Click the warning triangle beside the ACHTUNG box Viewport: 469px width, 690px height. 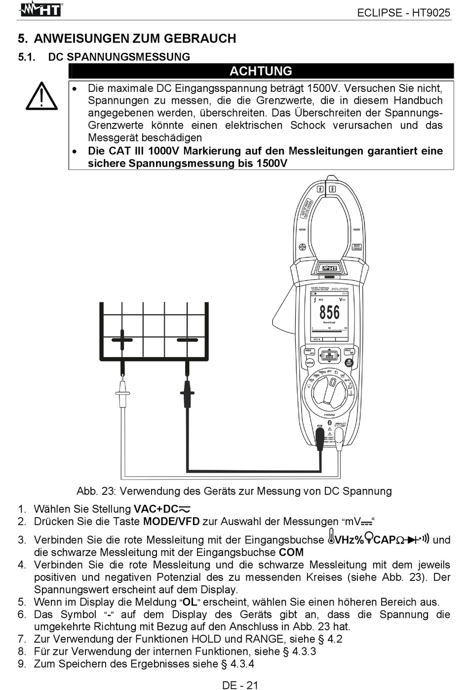[x=42, y=96]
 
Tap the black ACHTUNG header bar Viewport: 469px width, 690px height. [x=261, y=71]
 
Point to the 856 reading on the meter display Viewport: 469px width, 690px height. [x=329, y=312]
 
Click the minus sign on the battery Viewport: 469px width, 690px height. [x=187, y=340]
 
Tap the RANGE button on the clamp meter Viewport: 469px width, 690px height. [x=310, y=363]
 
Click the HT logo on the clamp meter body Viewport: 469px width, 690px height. [x=329, y=268]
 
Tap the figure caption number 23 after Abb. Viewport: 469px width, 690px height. [x=107, y=491]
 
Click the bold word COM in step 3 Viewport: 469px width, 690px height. [x=291, y=552]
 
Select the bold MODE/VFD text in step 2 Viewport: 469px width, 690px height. [x=171, y=522]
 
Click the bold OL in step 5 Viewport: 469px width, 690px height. [x=190, y=602]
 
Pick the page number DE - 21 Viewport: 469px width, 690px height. [x=240, y=685]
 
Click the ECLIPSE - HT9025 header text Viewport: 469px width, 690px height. [x=403, y=13]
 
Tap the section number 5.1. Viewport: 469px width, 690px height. [x=27, y=57]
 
